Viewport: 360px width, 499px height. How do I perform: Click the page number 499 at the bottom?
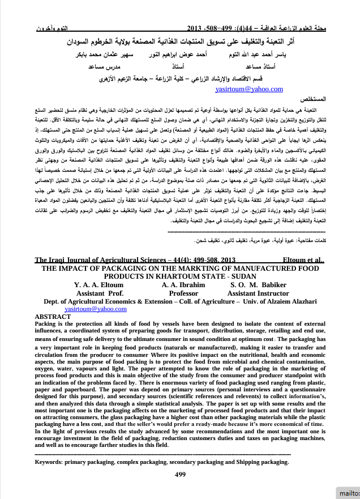(x=180, y=474)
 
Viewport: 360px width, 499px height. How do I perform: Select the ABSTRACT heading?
(x=54, y=316)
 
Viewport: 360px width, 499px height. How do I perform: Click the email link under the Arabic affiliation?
(x=249, y=89)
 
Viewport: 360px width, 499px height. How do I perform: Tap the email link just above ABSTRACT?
(x=96, y=309)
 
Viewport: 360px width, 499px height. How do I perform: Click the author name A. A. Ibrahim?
(x=183, y=284)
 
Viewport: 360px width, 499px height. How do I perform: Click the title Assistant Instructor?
(x=258, y=293)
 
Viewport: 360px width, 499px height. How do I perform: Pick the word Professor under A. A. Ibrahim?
(x=183, y=293)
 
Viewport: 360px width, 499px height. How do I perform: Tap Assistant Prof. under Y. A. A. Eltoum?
(x=100, y=293)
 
